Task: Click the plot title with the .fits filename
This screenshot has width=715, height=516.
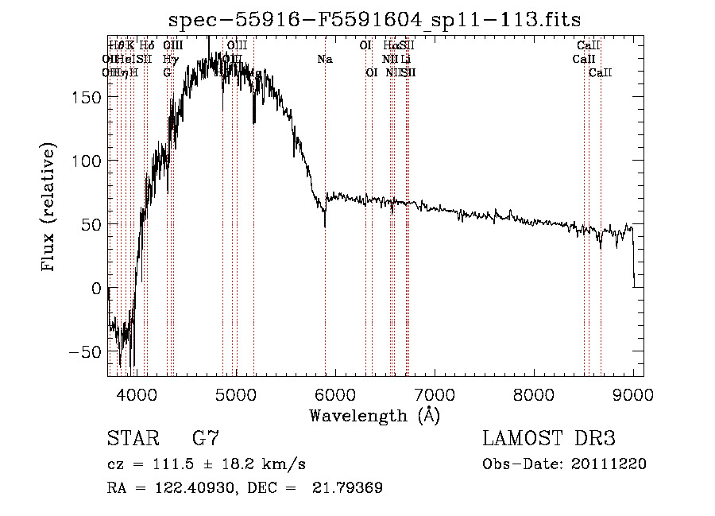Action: [375, 20]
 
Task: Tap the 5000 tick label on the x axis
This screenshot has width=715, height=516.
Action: [236, 394]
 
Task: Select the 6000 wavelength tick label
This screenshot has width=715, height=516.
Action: [335, 394]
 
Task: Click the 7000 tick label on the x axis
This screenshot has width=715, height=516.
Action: [435, 394]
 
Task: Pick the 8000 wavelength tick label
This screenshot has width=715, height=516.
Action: [534, 394]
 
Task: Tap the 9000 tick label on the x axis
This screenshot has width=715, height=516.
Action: [633, 394]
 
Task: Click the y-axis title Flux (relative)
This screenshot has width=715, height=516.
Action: [49, 208]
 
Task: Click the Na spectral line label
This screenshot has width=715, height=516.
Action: [324, 60]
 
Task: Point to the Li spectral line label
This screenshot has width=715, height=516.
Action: [405, 60]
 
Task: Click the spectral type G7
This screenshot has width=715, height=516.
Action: [205, 438]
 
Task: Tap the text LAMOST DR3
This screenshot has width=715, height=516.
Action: [548, 438]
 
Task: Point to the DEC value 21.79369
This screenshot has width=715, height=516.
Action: [351, 488]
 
